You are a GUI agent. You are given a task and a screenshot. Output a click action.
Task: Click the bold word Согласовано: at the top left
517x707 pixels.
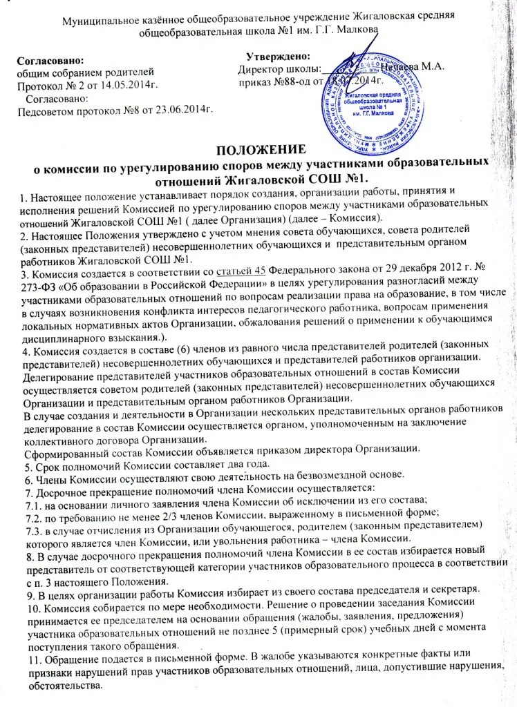pos(51,60)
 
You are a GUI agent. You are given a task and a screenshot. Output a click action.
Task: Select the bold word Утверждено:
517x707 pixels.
pos(278,57)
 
